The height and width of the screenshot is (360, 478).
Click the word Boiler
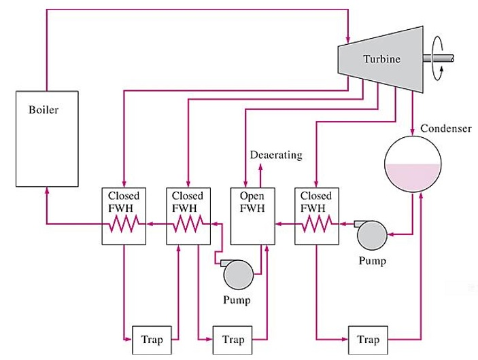[x=44, y=109]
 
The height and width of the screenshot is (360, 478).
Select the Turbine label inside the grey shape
[x=381, y=59]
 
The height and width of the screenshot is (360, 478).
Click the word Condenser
[x=445, y=128]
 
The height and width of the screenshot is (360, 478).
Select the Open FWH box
[x=252, y=214]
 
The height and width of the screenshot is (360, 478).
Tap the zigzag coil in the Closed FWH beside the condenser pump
[x=316, y=222]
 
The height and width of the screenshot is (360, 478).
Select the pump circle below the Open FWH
[x=239, y=275]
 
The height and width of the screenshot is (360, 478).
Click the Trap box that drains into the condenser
[x=366, y=337]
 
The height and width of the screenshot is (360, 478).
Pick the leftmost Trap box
[x=151, y=337]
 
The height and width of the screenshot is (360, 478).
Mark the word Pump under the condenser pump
[x=373, y=260]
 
